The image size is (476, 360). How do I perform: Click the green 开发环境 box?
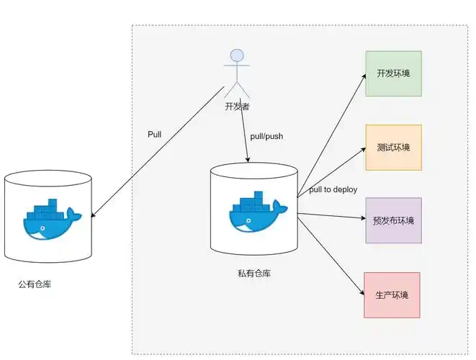[x=393, y=73]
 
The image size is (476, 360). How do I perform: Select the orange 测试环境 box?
[x=393, y=147]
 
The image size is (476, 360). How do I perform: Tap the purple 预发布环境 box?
[x=393, y=220]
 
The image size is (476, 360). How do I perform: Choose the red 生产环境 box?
[x=392, y=294]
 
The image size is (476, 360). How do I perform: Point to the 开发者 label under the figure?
[x=238, y=106]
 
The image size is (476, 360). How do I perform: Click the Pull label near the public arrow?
[x=154, y=135]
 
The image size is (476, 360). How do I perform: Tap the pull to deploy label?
[x=333, y=189]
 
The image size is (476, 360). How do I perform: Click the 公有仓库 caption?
[x=35, y=284]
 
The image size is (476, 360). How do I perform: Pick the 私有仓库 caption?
[x=254, y=274]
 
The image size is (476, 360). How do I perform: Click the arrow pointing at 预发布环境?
[x=331, y=215]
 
